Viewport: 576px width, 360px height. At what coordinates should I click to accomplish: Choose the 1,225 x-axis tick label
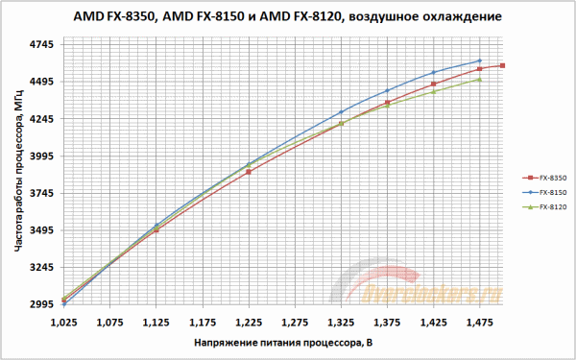click(x=248, y=324)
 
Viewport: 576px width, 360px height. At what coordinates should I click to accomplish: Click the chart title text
click(x=287, y=16)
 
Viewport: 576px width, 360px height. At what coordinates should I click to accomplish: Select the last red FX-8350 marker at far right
click(x=503, y=65)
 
